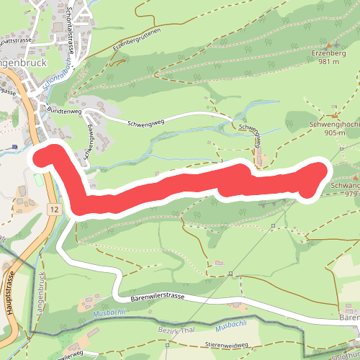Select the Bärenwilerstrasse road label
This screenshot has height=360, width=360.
pyautogui.click(x=158, y=297)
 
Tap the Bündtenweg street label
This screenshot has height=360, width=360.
pyautogui.click(x=63, y=111)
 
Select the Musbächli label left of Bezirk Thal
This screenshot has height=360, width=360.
pyautogui.click(x=109, y=312)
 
